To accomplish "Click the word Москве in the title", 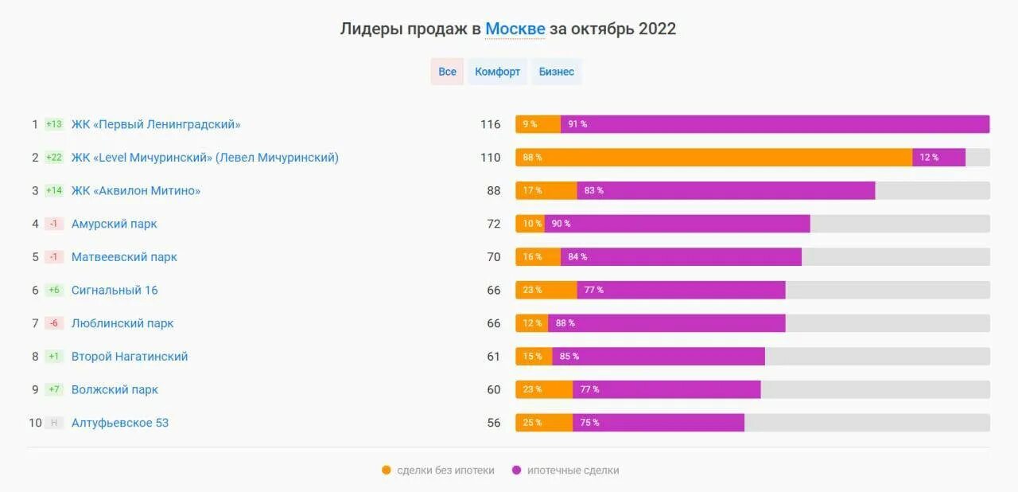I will click(x=515, y=29).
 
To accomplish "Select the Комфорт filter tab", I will click(x=497, y=72).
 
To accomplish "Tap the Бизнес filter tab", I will click(x=556, y=72).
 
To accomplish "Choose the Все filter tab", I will click(x=447, y=72).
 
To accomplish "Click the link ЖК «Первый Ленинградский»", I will click(x=156, y=124).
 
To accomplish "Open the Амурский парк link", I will click(x=114, y=224).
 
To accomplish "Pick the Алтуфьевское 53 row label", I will click(x=120, y=423).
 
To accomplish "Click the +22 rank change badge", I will click(x=54, y=158).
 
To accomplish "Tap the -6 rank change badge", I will click(x=54, y=323).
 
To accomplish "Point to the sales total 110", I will click(x=491, y=158).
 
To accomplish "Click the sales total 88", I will click(x=494, y=191).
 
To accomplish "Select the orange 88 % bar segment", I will click(x=713, y=158).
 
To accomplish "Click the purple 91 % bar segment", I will click(x=775, y=124).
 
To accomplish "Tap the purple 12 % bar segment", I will click(x=938, y=158).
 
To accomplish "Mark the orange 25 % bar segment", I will click(x=544, y=423).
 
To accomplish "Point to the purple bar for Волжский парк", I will click(x=666, y=389).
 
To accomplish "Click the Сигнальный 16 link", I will click(x=115, y=291).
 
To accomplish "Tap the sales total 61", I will click(x=494, y=357).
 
